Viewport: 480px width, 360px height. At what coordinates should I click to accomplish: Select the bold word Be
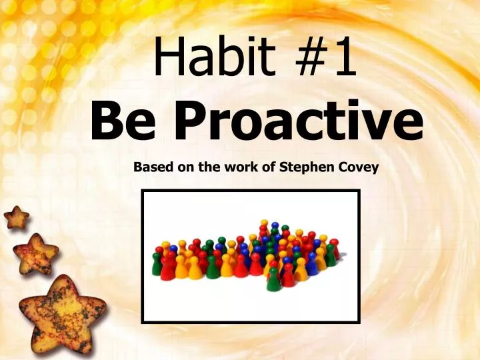[121, 123]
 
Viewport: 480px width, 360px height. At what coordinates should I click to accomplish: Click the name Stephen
[308, 168]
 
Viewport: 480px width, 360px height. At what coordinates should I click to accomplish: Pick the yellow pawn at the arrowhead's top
[265, 225]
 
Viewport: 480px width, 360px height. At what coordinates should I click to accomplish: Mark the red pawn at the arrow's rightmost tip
[335, 249]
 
